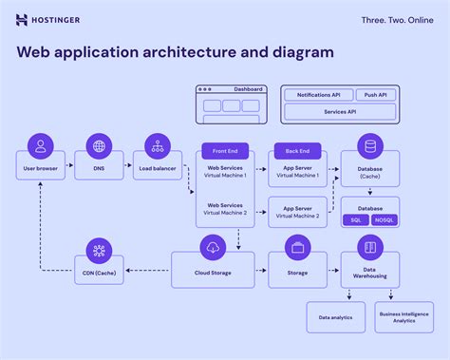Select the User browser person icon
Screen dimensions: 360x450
point(40,146)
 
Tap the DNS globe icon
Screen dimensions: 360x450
point(98,146)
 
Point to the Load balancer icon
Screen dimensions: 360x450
point(157,146)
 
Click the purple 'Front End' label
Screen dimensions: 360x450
point(225,151)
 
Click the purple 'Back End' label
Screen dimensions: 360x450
point(298,151)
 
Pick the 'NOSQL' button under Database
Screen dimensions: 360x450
point(384,220)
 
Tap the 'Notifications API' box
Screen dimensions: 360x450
point(317,95)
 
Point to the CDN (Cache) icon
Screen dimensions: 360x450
point(98,250)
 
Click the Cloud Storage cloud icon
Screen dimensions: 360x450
point(213,248)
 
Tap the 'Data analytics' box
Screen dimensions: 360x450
point(336,317)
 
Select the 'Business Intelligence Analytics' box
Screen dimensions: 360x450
point(404,317)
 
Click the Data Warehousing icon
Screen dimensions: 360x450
point(370,248)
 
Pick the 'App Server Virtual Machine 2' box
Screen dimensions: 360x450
point(298,211)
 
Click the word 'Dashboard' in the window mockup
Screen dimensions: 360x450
point(249,88)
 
